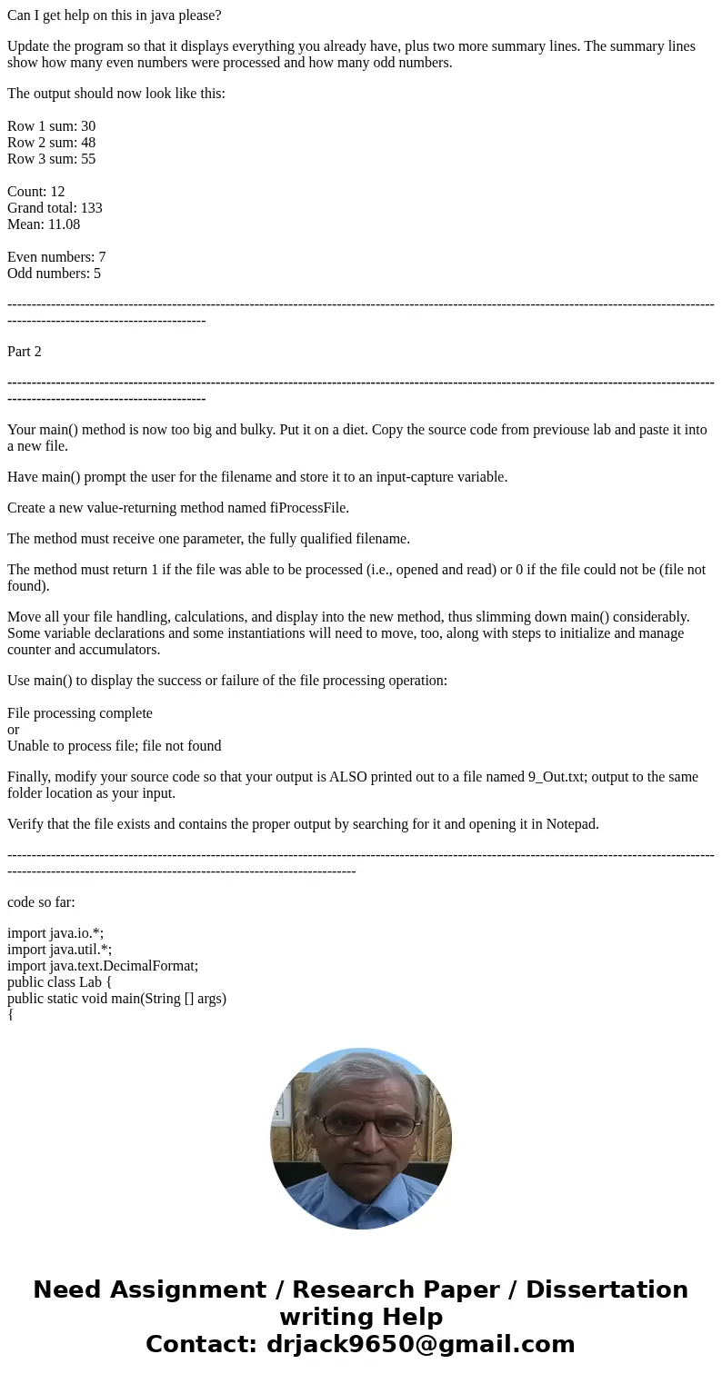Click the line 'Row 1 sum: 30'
51,126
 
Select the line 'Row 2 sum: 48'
51,143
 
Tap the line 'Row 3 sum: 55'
51,159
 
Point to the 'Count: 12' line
35,192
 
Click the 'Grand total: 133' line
55,208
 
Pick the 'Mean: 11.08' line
44,224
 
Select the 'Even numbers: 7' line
56,257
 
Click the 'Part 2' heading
25,352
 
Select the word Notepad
570,824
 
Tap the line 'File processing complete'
80,713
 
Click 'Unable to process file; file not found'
114,746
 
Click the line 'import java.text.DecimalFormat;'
103,966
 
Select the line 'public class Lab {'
59,982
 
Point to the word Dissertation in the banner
607,1289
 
